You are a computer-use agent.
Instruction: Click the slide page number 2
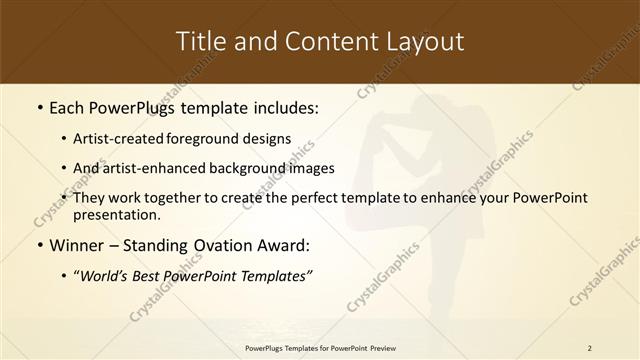pyautogui.click(x=589, y=348)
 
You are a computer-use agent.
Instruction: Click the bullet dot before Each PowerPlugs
pyautogui.click(x=39, y=107)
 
